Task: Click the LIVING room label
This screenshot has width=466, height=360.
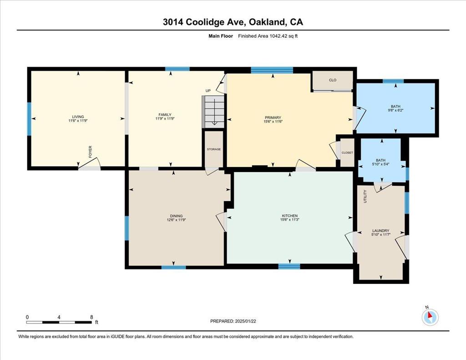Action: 78,117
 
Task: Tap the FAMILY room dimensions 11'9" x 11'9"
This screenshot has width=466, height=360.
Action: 165,119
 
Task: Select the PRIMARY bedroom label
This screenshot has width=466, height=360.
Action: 273,118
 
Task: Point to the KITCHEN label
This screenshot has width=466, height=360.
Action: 290,216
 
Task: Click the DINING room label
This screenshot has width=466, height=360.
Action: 176,216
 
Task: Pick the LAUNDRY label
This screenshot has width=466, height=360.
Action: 381,231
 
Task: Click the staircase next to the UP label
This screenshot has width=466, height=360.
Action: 213,112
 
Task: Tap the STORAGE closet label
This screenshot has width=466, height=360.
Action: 214,149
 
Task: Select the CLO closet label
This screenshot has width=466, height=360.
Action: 333,80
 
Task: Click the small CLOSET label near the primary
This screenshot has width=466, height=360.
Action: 347,153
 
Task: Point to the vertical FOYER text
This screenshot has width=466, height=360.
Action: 91,152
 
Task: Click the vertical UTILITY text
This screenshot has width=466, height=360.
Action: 365,197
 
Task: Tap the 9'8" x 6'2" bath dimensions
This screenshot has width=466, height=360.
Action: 395,110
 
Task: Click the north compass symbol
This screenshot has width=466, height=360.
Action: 430,317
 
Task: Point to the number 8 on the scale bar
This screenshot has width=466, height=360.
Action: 91,317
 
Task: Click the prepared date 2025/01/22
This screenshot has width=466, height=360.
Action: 245,321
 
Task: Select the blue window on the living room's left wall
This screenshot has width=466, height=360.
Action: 29,119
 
